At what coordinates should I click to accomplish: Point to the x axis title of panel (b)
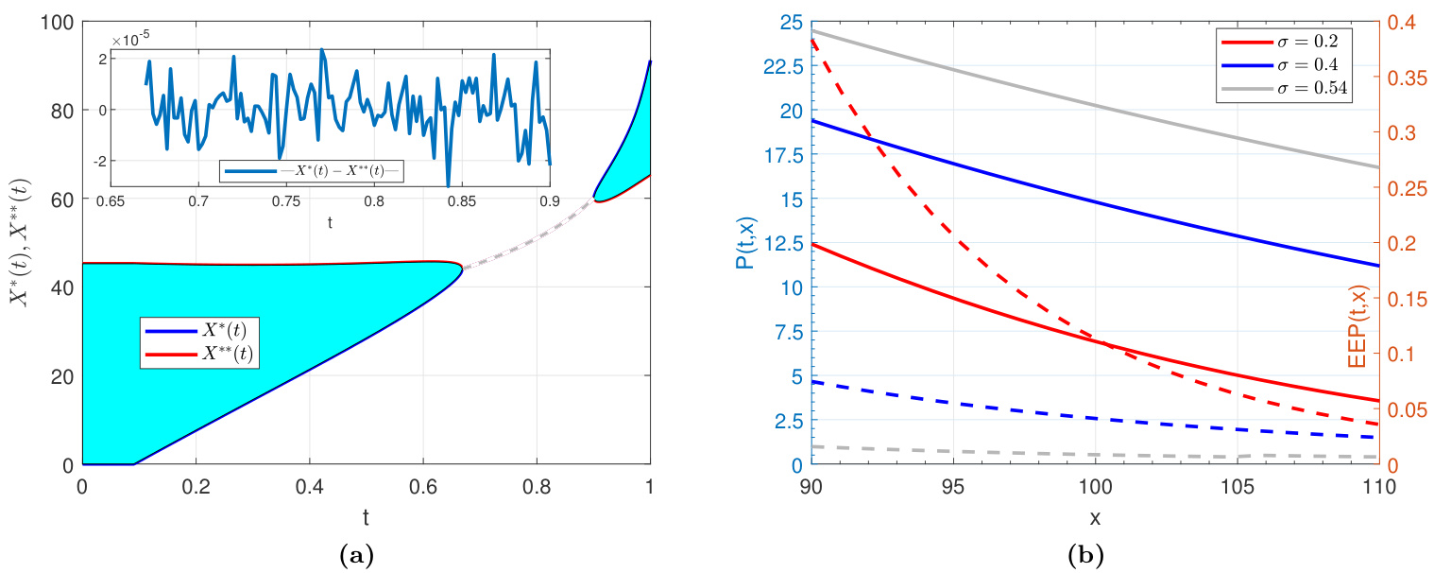click(x=1094, y=518)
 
